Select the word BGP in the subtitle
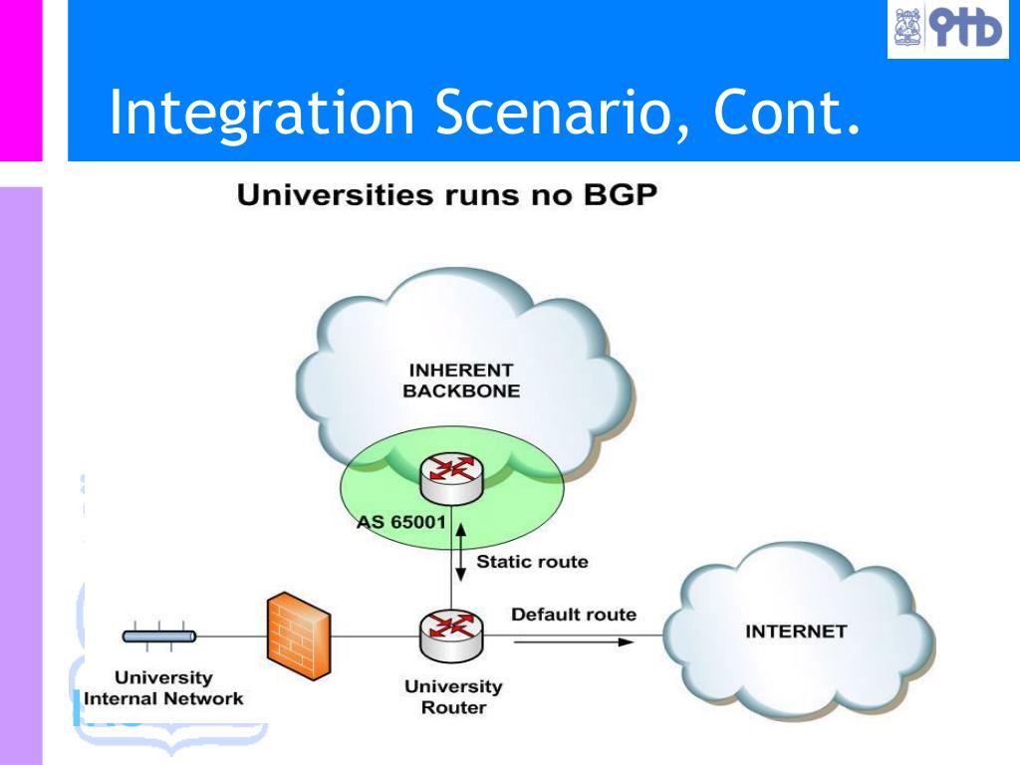tap(621, 194)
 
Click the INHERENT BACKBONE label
tap(461, 381)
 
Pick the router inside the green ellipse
tap(451, 479)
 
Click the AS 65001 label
tap(401, 522)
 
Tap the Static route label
tap(532, 562)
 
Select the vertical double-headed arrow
tap(460, 552)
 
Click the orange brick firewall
tap(299, 636)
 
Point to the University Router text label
tap(453, 696)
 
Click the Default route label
tap(574, 615)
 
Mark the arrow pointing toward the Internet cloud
tap(574, 642)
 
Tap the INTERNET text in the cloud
tap(796, 631)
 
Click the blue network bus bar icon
tap(159, 636)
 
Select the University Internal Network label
tap(163, 687)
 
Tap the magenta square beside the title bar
tap(21, 80)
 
